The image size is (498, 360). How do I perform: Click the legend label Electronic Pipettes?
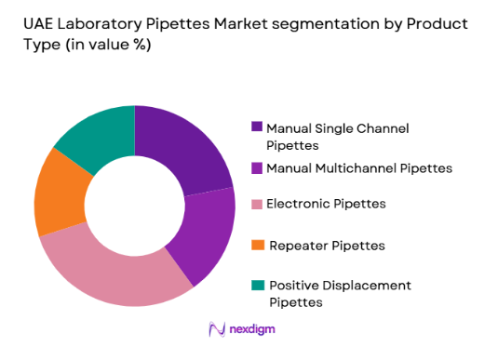pyautogui.click(x=327, y=203)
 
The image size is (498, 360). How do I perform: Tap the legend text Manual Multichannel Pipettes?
pyautogui.click(x=359, y=168)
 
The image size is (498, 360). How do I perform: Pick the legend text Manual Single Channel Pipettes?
pyautogui.click(x=337, y=137)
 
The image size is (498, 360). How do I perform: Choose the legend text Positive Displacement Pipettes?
pyautogui.click(x=339, y=293)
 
